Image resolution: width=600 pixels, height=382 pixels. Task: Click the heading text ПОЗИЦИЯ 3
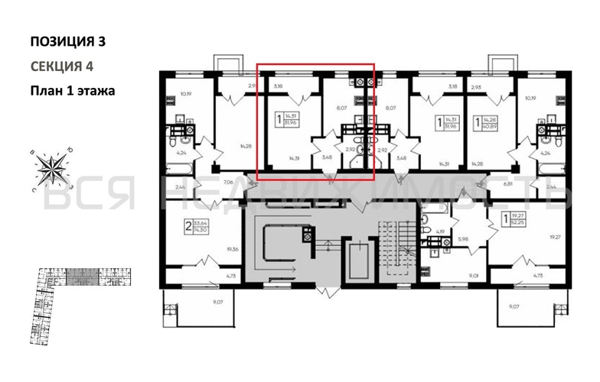(67, 41)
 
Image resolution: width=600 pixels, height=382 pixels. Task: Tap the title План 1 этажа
(72, 91)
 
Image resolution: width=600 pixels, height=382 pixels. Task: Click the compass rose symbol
(51, 169)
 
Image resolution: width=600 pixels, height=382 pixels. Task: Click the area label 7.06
(228, 183)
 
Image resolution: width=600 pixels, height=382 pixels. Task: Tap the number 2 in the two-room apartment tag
(187, 226)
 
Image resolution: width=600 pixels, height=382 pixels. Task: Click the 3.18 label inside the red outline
(277, 87)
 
